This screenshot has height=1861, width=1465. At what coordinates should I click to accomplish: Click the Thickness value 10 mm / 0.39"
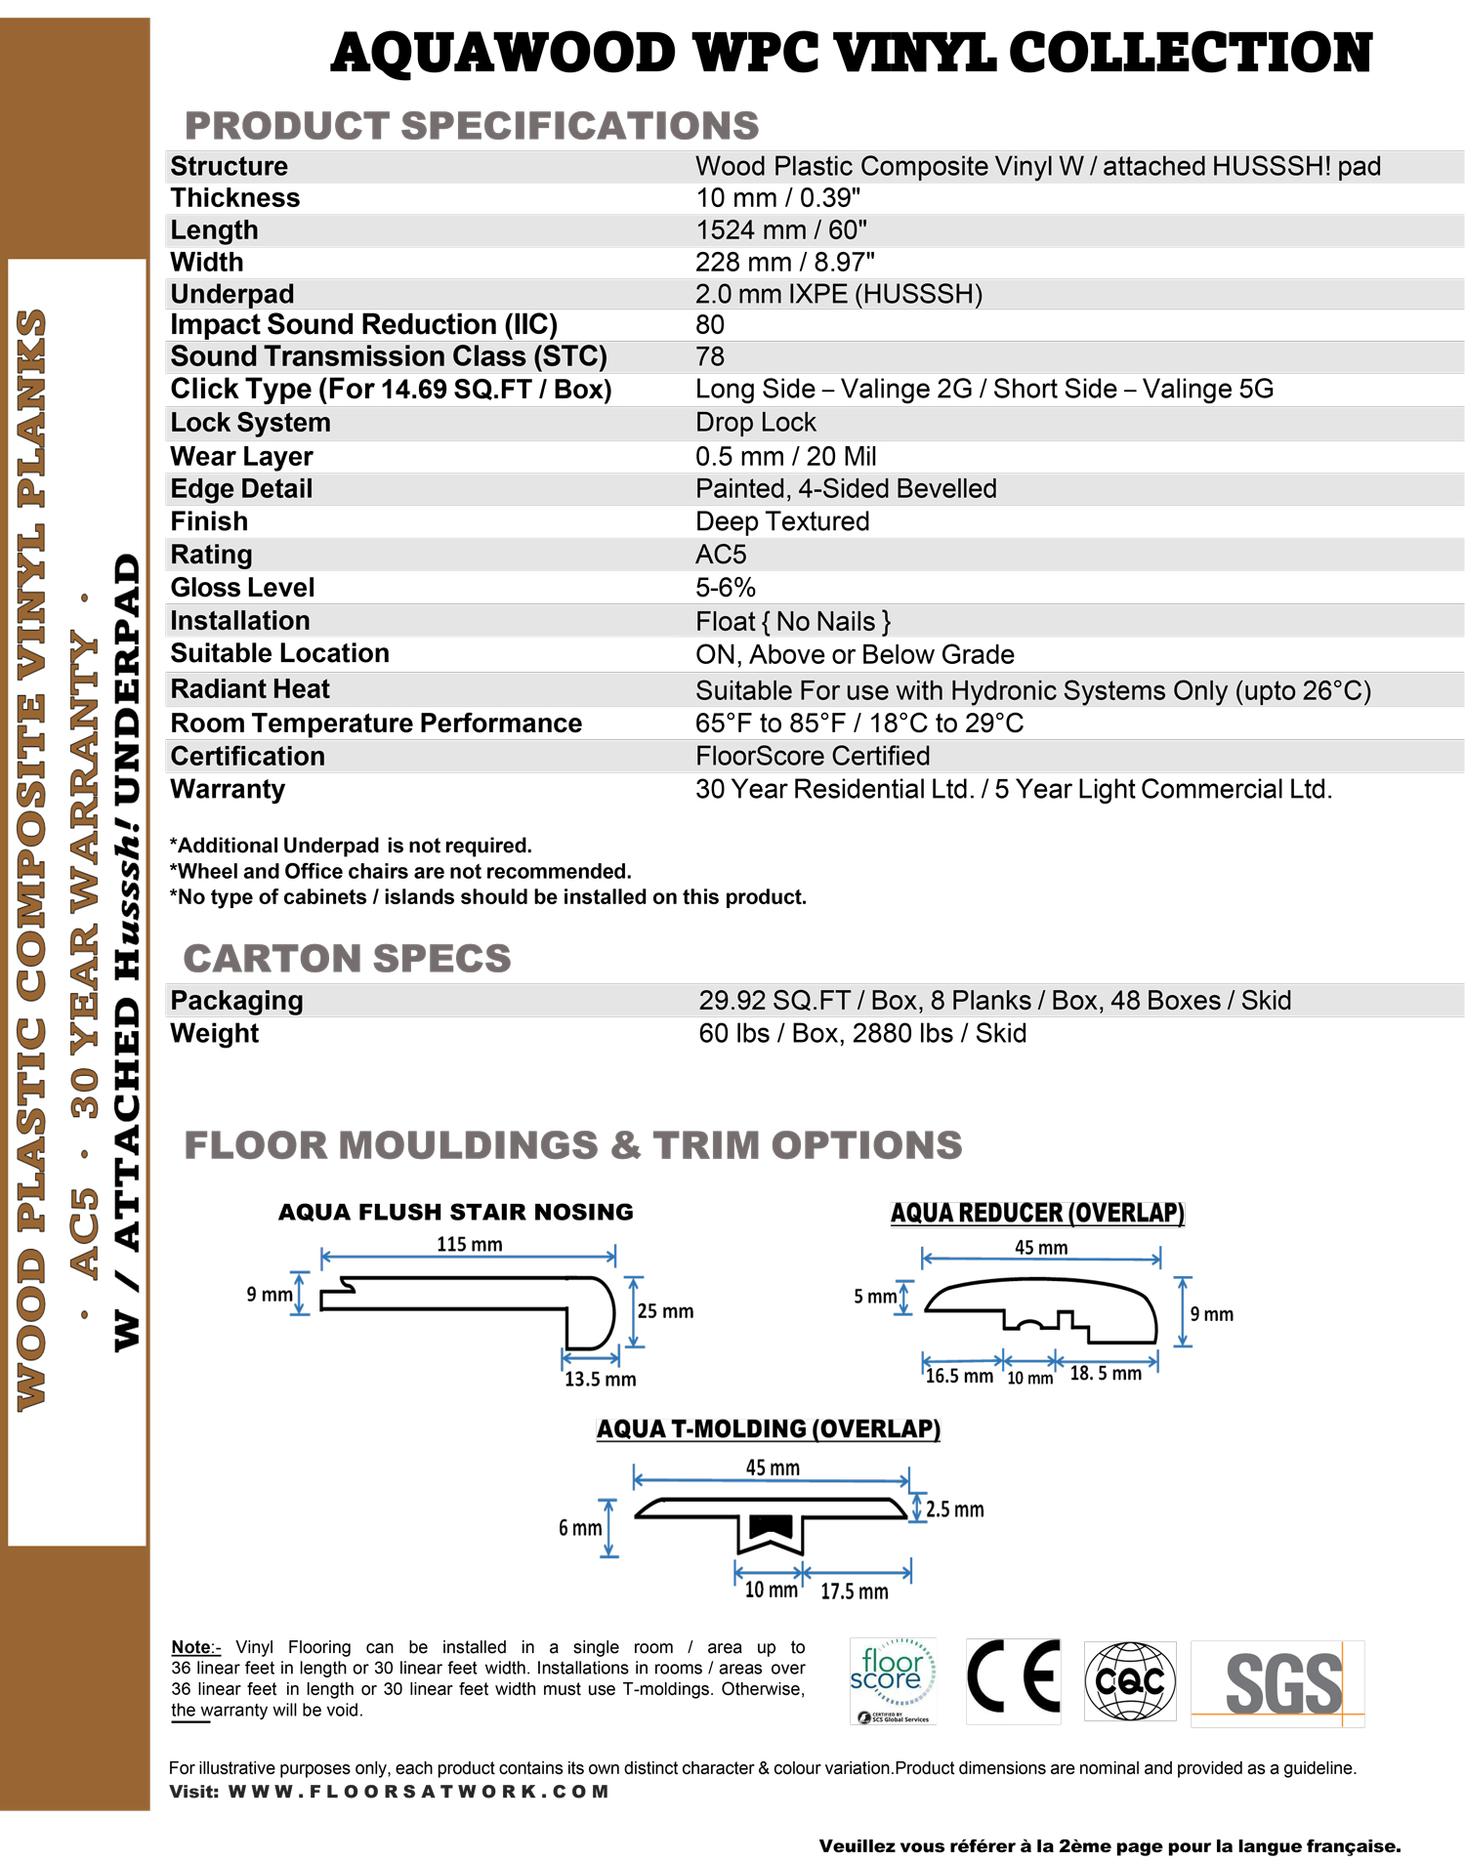point(777,198)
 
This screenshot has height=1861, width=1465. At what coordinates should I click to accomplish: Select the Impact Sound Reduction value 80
point(709,325)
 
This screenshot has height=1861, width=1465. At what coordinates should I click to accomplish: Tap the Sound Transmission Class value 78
point(709,357)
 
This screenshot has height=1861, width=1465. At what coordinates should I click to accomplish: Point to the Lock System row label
point(250,423)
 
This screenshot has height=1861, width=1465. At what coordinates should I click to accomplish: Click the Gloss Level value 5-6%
point(725,588)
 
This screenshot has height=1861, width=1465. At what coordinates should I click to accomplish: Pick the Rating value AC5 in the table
point(721,555)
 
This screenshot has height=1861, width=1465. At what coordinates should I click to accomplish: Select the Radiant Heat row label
point(250,689)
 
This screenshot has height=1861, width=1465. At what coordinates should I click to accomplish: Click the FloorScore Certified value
point(812,757)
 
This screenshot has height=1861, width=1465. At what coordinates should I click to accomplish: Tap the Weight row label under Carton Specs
point(215,1033)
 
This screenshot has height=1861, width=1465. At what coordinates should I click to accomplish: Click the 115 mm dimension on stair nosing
point(469,1245)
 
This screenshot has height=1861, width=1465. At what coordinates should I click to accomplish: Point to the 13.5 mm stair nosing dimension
point(600,1380)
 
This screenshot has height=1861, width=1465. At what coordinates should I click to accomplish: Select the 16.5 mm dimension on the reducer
point(958,1377)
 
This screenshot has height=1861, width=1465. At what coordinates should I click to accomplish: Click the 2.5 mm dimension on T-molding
point(954,1509)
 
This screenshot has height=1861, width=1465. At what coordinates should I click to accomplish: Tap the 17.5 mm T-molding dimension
point(854,1592)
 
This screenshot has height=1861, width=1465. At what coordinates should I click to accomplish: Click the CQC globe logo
point(1129,1680)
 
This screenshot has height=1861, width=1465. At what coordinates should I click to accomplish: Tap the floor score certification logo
point(893,1679)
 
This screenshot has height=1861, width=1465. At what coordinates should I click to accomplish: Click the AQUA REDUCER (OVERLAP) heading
point(1037,1214)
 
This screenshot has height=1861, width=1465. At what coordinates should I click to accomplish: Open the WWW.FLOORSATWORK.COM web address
point(418,1792)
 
